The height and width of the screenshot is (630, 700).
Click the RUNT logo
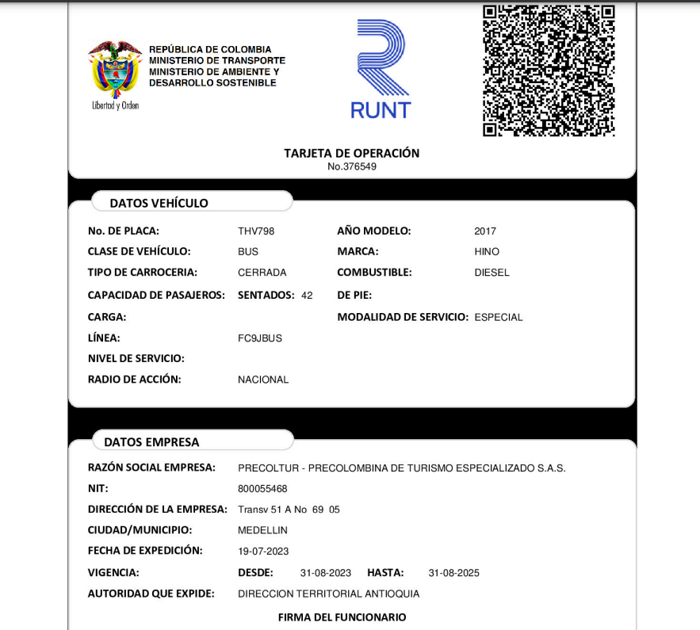click(381, 70)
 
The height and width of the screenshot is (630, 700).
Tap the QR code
click(549, 71)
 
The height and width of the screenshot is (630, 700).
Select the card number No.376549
click(352, 166)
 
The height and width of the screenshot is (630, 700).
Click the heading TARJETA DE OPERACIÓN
click(352, 153)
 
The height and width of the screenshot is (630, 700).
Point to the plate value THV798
click(256, 231)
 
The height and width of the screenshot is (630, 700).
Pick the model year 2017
click(485, 231)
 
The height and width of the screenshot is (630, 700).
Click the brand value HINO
click(487, 252)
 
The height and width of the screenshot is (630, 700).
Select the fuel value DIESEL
click(492, 273)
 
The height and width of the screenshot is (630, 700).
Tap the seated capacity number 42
click(307, 296)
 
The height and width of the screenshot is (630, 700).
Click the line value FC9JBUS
click(260, 338)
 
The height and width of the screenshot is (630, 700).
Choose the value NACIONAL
click(263, 380)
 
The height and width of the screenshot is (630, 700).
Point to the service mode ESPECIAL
click(499, 318)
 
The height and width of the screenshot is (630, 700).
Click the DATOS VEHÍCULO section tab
click(159, 204)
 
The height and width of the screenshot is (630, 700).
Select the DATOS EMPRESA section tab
click(152, 442)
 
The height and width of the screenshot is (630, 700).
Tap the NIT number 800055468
click(262, 489)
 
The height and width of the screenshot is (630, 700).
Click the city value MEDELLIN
click(262, 530)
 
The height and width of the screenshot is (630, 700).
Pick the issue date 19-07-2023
click(263, 551)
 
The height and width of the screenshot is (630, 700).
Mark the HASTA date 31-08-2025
click(453, 573)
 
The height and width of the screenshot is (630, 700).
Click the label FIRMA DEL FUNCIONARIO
click(342, 617)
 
